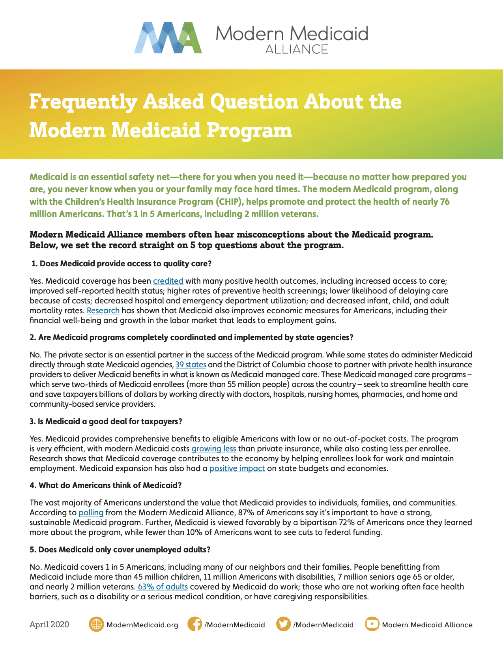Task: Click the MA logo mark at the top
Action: [168, 38]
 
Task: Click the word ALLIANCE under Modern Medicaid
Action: [297, 49]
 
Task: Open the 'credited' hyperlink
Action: [168, 281]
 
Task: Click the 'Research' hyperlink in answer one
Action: [103, 311]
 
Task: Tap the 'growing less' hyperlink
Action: [214, 449]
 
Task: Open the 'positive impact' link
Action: [237, 468]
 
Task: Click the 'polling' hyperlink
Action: [91, 513]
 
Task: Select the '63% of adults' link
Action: [163, 587]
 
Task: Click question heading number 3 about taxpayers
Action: [106, 421]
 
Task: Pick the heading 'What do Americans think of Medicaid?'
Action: [105, 485]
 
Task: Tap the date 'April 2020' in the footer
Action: [49, 625]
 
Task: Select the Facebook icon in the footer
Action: [194, 625]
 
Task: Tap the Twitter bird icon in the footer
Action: [283, 625]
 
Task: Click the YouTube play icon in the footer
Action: [372, 625]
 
